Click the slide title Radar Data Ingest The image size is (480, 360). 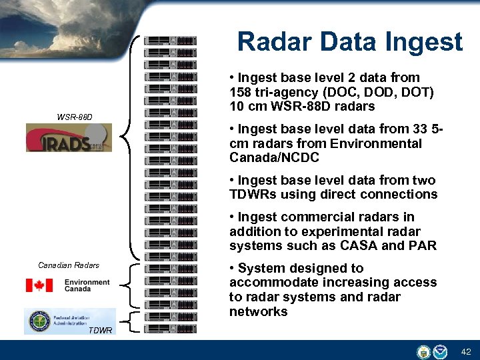click(x=349, y=41)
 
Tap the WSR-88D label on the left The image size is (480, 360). click(x=75, y=117)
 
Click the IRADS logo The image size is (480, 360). click(x=69, y=138)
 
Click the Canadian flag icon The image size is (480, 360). click(x=39, y=285)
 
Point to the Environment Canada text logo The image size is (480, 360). click(x=87, y=286)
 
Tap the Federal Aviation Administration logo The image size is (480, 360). click(x=69, y=321)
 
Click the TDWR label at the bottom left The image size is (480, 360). click(x=100, y=331)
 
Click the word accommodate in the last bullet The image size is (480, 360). click(x=273, y=283)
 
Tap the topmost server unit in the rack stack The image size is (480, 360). click(x=171, y=41)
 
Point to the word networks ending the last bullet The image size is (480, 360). click(x=258, y=312)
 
